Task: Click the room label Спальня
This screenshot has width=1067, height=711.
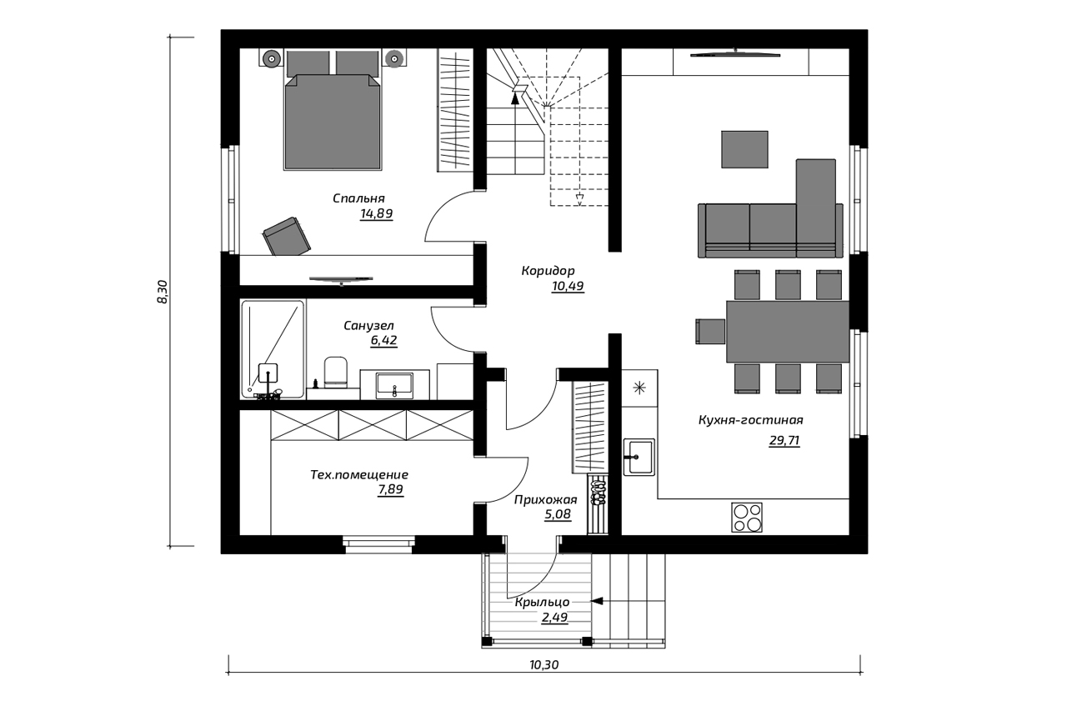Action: click(x=358, y=198)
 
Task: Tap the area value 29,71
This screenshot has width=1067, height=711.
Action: click(x=784, y=440)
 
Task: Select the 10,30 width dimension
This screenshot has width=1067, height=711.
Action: click(x=544, y=665)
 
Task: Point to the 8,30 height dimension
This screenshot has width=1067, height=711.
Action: click(x=163, y=292)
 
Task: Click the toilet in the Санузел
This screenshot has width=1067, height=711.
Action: click(x=335, y=372)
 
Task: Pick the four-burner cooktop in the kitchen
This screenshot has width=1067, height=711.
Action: click(x=746, y=517)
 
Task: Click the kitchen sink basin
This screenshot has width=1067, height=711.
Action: click(x=639, y=457)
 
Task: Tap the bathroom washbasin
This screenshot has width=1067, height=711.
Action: click(x=394, y=385)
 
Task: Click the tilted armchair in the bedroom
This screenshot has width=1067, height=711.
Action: click(x=287, y=236)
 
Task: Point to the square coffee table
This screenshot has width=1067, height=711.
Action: click(x=744, y=149)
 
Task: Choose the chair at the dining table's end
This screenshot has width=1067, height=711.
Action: click(x=710, y=331)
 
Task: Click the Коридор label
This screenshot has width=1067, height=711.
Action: click(x=548, y=271)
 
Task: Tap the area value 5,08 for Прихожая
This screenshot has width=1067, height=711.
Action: click(x=558, y=514)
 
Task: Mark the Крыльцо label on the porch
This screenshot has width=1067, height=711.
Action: click(x=542, y=603)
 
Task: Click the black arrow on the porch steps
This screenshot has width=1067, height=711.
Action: click(x=597, y=601)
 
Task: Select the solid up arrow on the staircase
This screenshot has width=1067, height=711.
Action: click(x=514, y=99)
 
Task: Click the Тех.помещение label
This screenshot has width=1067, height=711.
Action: click(x=359, y=475)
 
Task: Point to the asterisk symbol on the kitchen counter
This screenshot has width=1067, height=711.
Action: click(x=639, y=388)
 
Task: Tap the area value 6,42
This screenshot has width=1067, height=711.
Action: click(x=383, y=341)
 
